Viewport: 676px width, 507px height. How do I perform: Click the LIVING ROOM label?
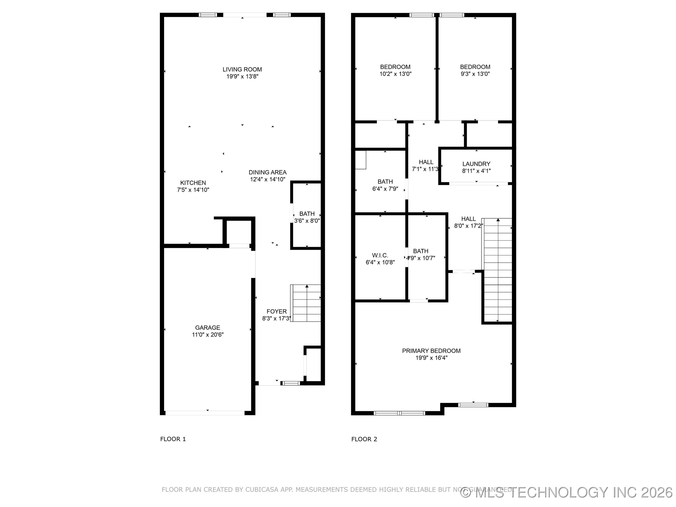click(242, 69)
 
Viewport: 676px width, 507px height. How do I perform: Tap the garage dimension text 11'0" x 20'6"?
click(207, 335)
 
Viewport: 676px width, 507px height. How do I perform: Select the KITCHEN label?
click(193, 183)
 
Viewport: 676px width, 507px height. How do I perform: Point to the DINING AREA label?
click(267, 172)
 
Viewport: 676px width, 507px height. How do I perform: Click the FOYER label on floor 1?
click(277, 311)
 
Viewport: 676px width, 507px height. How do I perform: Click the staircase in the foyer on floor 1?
click(306, 303)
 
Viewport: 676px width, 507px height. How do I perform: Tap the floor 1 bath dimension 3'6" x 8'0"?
click(307, 221)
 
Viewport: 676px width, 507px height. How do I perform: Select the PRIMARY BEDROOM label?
click(431, 351)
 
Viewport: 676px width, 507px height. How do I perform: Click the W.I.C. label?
click(380, 255)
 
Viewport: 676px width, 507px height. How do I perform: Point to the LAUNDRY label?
click(476, 164)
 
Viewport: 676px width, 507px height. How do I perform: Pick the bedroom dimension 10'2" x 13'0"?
click(395, 74)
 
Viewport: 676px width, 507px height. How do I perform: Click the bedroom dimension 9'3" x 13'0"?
click(475, 74)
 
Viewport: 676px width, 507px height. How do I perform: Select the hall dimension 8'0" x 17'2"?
click(468, 226)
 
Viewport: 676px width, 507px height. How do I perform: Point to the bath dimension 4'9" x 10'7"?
click(421, 258)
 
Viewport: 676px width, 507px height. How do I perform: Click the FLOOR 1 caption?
click(173, 439)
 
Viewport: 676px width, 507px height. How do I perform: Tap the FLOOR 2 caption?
click(364, 439)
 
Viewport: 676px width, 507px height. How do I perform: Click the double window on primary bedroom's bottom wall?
click(399, 413)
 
